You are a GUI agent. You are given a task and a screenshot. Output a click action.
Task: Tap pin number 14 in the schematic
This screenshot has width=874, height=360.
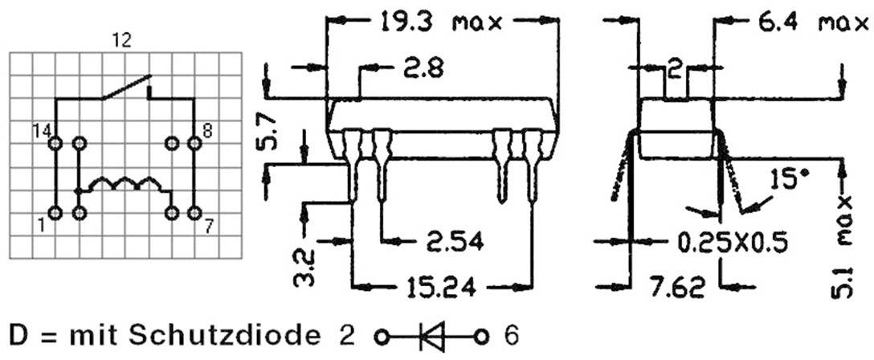(41, 130)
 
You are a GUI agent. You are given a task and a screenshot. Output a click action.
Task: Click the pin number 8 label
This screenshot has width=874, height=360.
(207, 130)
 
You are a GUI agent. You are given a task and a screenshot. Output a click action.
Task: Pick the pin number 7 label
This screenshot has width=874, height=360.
(207, 226)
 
